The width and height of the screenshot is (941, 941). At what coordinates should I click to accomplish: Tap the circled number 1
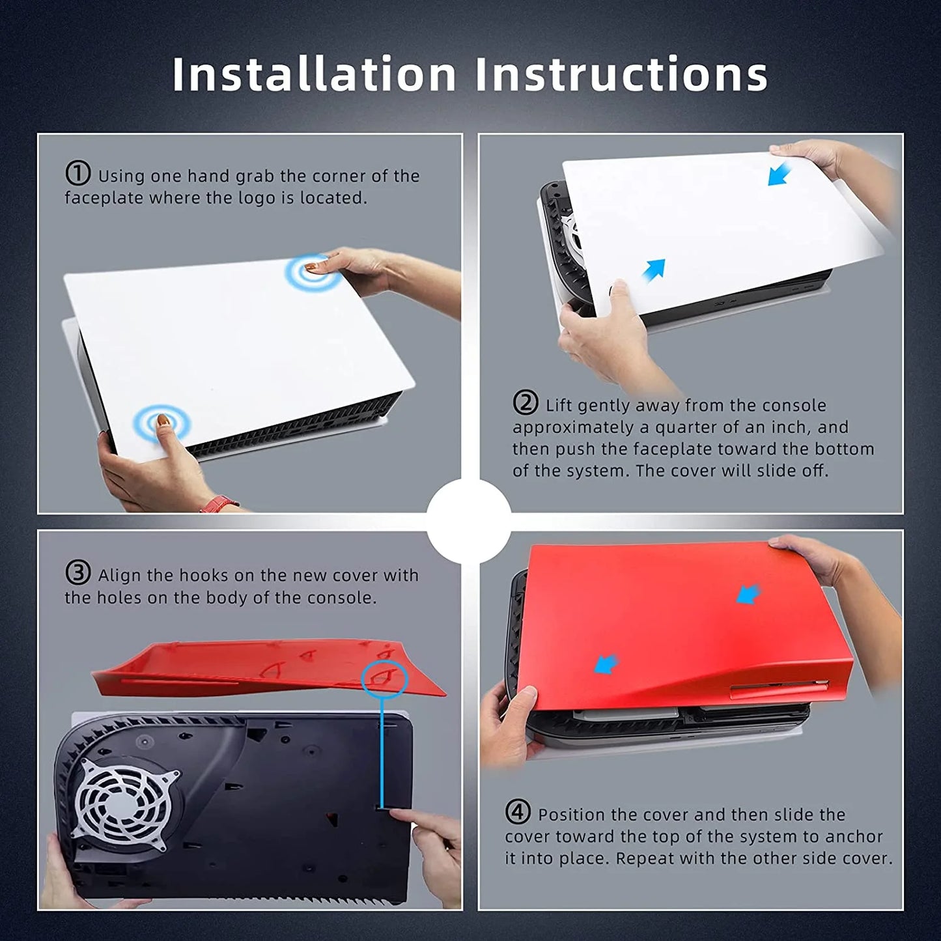coord(78,174)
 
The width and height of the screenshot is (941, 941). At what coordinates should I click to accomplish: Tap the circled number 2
coord(526,403)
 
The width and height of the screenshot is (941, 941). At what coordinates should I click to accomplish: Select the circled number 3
coord(78,573)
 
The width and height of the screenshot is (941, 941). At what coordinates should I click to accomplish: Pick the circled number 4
coord(518,812)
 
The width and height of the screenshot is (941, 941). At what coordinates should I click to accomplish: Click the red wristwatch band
coord(218,504)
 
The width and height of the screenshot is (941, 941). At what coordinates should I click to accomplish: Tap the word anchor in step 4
coord(854,837)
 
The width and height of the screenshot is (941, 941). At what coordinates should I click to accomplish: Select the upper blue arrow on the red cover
coord(749,595)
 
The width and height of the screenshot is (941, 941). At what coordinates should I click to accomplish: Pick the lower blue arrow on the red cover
coord(606,665)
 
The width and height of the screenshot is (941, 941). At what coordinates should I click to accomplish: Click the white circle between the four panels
coord(469,521)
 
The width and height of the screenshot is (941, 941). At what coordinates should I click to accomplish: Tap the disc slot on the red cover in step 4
coord(779,688)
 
